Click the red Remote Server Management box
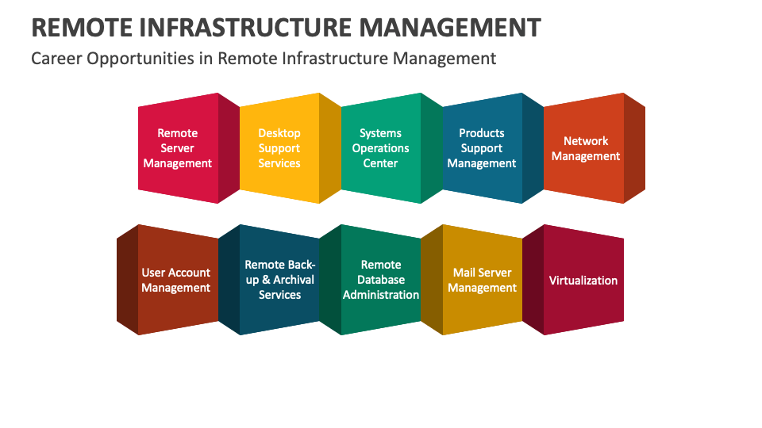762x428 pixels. click(x=178, y=148)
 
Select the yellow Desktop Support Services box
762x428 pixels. click(x=279, y=148)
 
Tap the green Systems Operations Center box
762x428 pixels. click(x=381, y=148)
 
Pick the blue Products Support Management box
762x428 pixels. click(x=482, y=148)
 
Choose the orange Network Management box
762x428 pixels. click(x=585, y=148)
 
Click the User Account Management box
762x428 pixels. click(x=176, y=280)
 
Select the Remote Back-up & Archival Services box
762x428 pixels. click(x=279, y=280)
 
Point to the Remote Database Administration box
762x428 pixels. click(x=381, y=280)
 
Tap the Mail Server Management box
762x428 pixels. click(x=482, y=280)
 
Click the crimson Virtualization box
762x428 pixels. click(x=583, y=280)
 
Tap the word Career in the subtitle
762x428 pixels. click(x=55, y=59)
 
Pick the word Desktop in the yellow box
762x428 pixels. click(x=279, y=133)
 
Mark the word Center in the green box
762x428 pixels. click(x=381, y=163)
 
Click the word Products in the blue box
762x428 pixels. click(x=482, y=133)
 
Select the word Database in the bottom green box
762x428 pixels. click(x=381, y=280)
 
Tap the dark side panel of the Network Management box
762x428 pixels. click(x=634, y=148)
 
